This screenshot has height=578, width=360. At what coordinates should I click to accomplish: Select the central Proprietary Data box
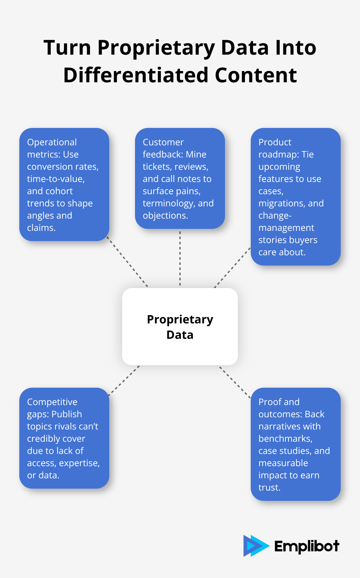point(180,327)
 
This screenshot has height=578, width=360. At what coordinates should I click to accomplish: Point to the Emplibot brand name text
point(307,546)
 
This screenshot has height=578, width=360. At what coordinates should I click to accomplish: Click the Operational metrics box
point(64,185)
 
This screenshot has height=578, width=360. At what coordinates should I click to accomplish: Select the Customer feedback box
point(180,178)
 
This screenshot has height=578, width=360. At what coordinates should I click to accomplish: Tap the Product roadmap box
point(295,197)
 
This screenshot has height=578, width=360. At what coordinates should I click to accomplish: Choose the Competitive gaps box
point(64,438)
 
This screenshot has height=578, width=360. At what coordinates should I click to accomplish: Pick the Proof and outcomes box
point(295,444)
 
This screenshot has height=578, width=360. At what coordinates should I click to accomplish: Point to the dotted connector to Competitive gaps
point(124,381)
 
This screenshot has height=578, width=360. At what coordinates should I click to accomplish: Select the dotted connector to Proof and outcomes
point(235,382)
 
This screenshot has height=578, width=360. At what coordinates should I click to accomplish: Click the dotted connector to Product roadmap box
point(232,267)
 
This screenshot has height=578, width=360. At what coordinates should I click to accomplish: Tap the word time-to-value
point(56,179)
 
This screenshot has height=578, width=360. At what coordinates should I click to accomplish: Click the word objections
point(165,215)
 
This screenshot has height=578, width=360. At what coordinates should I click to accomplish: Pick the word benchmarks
point(285,438)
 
